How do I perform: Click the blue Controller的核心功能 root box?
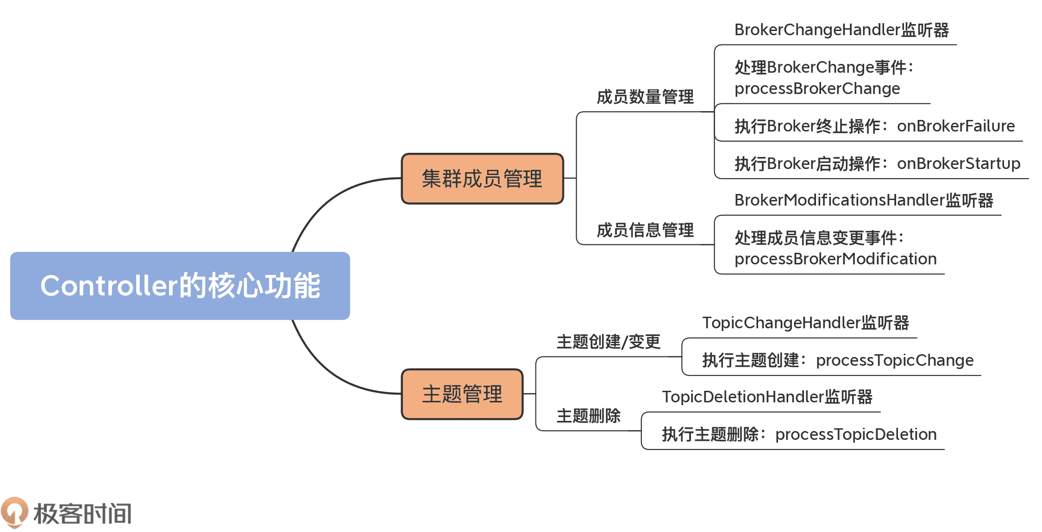point(180,286)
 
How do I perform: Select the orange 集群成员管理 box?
point(482,179)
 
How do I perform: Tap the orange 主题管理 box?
point(462,394)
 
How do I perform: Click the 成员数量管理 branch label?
point(645,97)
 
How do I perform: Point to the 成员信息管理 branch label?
point(645,230)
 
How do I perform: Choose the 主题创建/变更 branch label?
point(608,342)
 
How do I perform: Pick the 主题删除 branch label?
point(588,416)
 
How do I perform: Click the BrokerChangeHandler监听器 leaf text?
point(841,30)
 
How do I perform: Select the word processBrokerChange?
point(817,88)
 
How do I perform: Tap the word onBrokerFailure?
point(955,126)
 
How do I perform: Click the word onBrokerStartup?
point(958,163)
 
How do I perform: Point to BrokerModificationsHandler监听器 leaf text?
point(864,200)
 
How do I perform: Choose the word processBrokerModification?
point(835,259)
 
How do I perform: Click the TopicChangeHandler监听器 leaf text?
point(805,323)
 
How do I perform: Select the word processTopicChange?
point(894,360)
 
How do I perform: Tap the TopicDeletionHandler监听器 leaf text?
point(767,397)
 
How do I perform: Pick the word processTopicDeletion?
point(856,434)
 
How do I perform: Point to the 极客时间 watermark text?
point(82,513)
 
